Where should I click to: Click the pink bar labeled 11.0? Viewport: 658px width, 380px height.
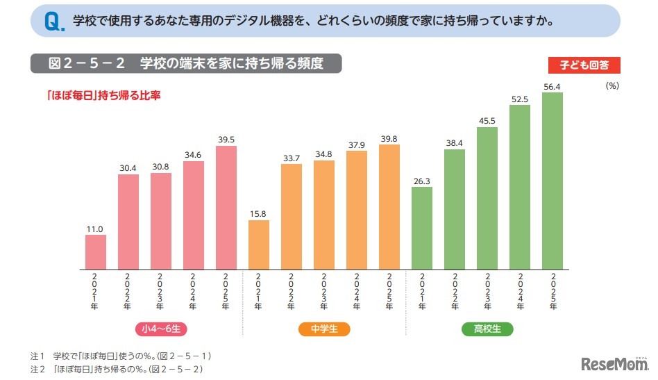[96, 251]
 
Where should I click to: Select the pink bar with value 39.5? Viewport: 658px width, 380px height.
[226, 207]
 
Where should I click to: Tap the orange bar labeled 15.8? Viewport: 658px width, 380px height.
[258, 245]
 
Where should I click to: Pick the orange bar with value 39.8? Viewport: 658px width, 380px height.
[389, 207]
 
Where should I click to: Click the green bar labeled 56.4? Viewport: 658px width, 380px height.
[552, 181]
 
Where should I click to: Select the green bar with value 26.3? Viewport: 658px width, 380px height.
[422, 228]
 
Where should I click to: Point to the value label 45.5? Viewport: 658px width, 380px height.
[487, 121]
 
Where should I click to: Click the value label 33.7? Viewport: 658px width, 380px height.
[292, 158]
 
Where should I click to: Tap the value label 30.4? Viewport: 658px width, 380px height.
[128, 168]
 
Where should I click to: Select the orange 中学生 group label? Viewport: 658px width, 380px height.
[324, 329]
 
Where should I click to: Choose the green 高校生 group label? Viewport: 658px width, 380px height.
[487, 329]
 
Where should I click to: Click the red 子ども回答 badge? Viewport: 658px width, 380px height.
[584, 65]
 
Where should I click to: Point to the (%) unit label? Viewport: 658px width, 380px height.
[611, 85]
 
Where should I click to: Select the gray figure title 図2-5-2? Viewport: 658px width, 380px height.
[185, 63]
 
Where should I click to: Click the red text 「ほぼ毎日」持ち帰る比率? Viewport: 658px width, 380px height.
[104, 95]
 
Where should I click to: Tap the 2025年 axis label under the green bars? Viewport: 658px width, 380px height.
[552, 292]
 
